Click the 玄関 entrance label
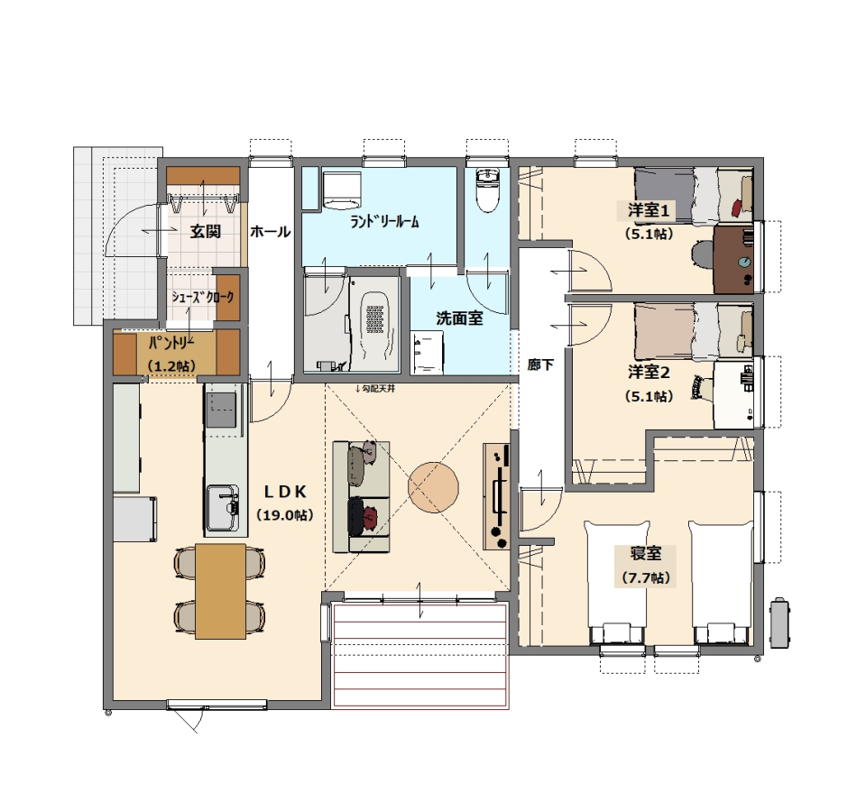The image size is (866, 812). pos(206,232)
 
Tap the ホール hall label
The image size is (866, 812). pos(270,232)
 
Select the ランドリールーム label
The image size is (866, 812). pos(385,222)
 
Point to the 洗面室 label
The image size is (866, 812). pos(459,318)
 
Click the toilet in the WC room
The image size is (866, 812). pos(487,190)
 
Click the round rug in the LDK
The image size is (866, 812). pos(434,487)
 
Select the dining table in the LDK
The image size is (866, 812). pos(220,591)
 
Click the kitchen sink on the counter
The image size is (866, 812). pos(223,508)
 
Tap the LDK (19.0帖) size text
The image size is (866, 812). pos(285,515)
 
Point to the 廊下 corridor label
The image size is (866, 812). pos(540,364)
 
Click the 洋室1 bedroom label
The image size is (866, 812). pos(649,210)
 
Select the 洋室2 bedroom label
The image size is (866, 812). pos(649,373)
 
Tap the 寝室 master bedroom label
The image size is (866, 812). pos(646,553)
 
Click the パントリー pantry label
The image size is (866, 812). pos(171,344)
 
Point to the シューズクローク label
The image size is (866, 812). pos(203,297)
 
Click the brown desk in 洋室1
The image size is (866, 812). pos(733,260)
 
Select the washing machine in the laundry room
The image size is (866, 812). pos(341,189)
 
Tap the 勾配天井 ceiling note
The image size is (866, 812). pos(375,389)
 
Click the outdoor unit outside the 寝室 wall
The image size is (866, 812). pos(779,623)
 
